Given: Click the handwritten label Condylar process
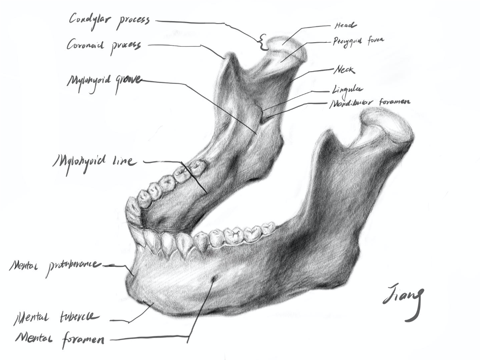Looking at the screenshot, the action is coord(109,21).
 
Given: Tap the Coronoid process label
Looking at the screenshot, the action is coord(104,45).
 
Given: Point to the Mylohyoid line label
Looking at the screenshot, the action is coord(94,161).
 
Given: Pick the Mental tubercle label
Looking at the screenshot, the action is coord(56,318).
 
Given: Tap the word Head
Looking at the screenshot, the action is coord(346,25).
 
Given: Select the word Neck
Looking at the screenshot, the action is coord(345,70).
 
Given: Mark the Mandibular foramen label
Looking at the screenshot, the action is coord(370,102).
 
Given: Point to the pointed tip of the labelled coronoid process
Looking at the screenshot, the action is coord(227,56).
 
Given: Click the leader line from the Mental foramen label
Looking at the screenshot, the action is coord(147,338).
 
